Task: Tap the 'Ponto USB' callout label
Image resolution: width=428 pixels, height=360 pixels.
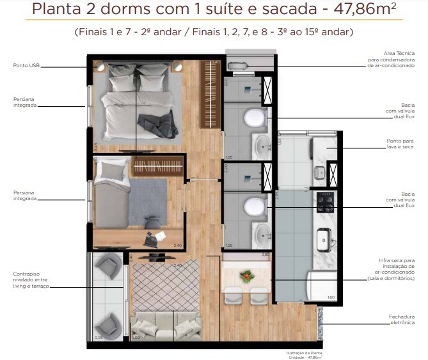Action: tap(26, 65)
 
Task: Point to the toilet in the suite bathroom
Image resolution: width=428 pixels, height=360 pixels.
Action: tap(255, 118)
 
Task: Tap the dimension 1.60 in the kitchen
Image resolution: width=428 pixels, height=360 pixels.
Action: tap(331, 297)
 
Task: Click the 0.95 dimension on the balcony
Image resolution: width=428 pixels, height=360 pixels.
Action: tap(99, 337)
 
